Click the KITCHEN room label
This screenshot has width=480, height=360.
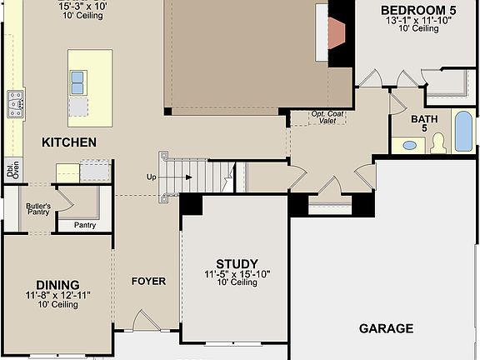(x=69, y=142)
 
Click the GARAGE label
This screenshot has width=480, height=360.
(x=386, y=328)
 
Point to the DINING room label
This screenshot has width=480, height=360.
(x=57, y=284)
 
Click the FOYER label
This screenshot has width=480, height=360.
(x=148, y=281)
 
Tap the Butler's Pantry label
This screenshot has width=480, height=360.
(x=38, y=209)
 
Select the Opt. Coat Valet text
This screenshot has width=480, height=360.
(x=327, y=117)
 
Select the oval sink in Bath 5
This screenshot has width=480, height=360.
(x=410, y=145)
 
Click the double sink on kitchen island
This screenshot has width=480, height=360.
(x=78, y=82)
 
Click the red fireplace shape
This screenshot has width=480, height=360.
(x=335, y=32)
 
